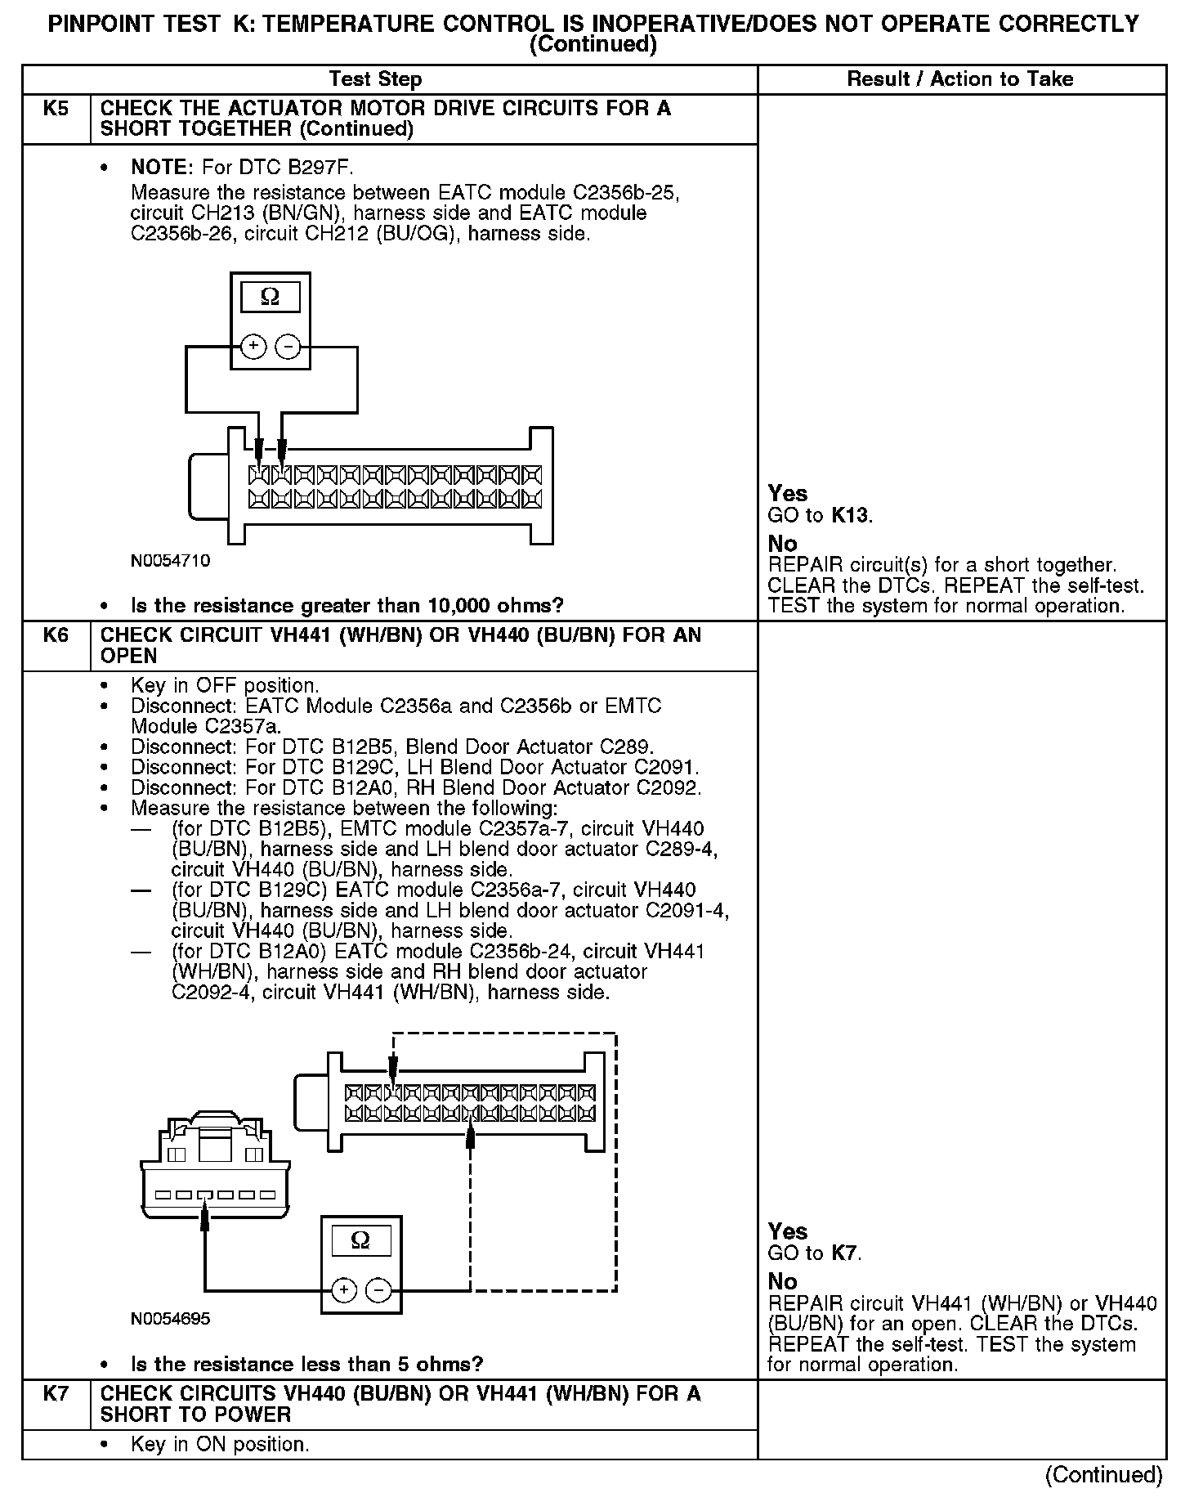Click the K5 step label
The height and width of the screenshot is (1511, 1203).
[56, 109]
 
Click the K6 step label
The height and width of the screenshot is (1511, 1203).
[56, 635]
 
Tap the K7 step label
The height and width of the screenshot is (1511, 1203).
[56, 1394]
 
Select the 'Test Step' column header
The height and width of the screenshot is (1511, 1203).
[375, 79]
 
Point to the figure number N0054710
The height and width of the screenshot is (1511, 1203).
[170, 561]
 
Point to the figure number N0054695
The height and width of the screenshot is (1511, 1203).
[170, 1319]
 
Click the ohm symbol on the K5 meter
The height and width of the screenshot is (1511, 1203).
[270, 297]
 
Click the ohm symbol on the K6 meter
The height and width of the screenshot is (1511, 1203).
[360, 1240]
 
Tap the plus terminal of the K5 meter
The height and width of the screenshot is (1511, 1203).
[254, 347]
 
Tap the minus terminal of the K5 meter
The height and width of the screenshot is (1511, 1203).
[287, 347]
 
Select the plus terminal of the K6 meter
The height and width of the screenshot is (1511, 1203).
[344, 1290]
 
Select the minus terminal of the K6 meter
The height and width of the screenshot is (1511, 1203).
[378, 1290]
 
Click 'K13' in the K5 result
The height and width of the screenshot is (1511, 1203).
[850, 515]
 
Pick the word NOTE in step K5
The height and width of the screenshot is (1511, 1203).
[160, 168]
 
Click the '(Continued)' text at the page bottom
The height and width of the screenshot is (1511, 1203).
[1103, 1474]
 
